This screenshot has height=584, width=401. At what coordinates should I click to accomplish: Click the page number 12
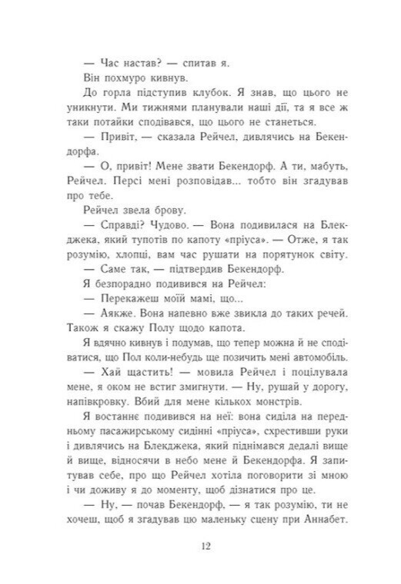[x=202, y=546]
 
